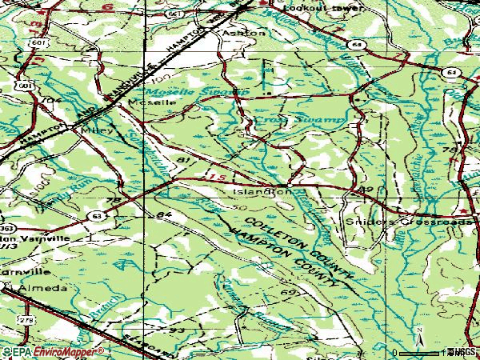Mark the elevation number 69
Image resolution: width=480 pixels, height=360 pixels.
pyautogui.click(x=289, y=294)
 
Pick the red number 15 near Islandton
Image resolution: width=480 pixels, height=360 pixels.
pyautogui.click(x=210, y=174)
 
